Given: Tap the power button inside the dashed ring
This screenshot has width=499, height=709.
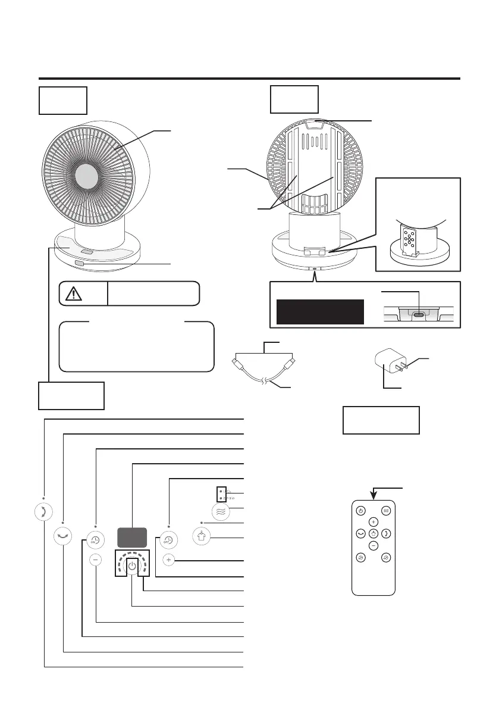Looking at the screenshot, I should (132, 566).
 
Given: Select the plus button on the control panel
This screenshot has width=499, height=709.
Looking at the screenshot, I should (169, 560).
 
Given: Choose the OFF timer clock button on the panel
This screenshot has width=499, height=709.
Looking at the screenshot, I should (169, 538).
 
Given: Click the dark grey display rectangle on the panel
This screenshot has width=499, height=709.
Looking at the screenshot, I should (132, 538).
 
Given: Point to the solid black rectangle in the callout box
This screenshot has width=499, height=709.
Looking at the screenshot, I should (320, 311).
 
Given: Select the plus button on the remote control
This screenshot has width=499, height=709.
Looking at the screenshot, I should (373, 522).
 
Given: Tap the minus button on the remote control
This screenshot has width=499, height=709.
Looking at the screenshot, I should (373, 545).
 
